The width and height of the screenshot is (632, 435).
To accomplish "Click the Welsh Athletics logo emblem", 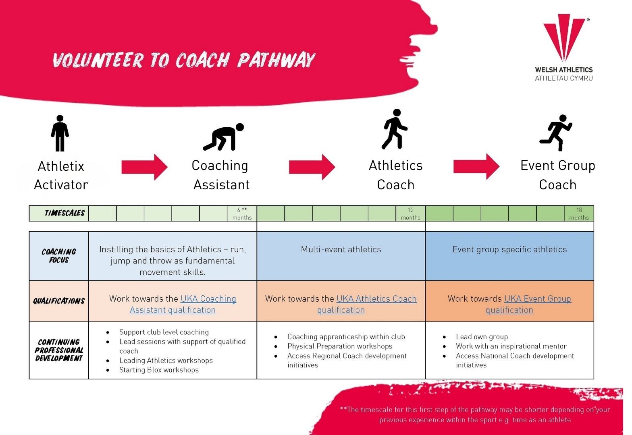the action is [x=564, y=37].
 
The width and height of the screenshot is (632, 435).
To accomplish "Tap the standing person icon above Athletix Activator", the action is [x=60, y=133].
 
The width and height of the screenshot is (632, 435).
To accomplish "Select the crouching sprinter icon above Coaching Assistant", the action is [x=223, y=137].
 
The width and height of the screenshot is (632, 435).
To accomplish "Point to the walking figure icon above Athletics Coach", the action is [x=395, y=129].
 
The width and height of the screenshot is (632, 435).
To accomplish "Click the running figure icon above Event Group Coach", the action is [x=556, y=133].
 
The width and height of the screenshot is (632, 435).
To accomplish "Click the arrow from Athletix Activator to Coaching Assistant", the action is [x=144, y=167].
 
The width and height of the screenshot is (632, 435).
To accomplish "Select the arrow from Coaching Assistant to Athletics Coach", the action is [x=312, y=167].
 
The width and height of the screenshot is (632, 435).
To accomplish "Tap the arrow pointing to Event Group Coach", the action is [x=476, y=167].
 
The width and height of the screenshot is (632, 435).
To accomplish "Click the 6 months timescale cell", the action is [x=242, y=213].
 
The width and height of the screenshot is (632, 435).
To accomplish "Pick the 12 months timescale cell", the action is [x=410, y=213].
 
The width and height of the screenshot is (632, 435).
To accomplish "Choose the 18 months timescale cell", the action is [x=579, y=213].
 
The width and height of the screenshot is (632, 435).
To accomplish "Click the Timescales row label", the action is [x=64, y=213].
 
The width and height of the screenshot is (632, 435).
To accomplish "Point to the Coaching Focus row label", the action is [x=59, y=256].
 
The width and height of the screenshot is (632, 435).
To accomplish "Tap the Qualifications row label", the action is [x=59, y=301].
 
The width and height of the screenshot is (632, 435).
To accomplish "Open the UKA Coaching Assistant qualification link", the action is [x=183, y=304].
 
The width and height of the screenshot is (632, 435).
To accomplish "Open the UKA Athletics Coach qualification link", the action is [x=367, y=304].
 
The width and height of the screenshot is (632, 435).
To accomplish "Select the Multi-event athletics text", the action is [x=341, y=249].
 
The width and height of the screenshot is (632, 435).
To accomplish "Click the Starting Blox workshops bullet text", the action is [x=159, y=370].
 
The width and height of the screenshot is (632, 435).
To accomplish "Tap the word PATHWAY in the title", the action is [x=276, y=60].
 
